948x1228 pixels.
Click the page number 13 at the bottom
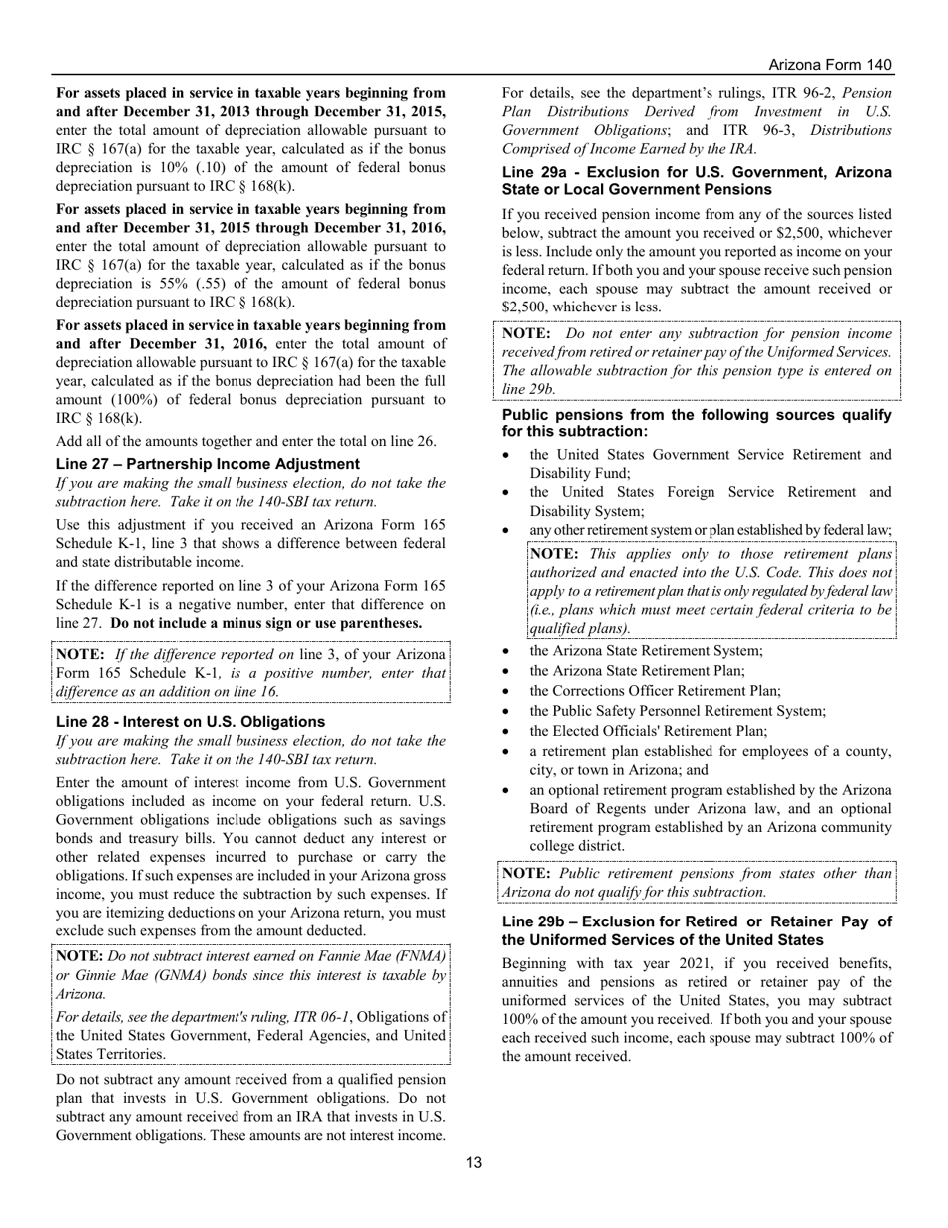[x=474, y=1162]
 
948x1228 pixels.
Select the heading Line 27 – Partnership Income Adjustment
[x=208, y=464]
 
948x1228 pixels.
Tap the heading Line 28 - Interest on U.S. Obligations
[x=190, y=722]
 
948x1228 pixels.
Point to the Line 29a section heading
[x=696, y=181]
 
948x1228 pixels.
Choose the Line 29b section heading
[x=696, y=930]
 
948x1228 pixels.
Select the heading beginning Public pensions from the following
[x=696, y=423]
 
